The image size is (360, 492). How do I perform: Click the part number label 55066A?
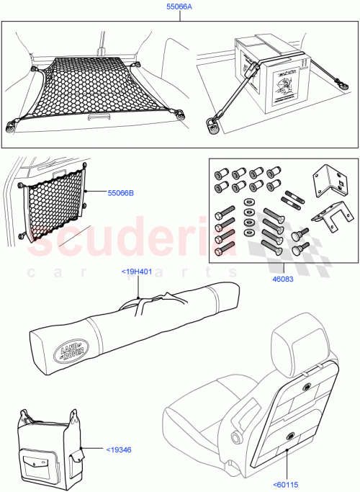[180, 9]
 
